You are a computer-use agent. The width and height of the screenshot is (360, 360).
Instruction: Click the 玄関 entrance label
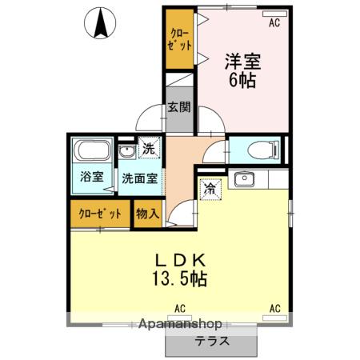178,107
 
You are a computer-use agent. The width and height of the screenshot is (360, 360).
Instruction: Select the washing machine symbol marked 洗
149,147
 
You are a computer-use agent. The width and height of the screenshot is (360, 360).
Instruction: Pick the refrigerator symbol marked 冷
209,190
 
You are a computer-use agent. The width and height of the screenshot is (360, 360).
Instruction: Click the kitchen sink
242,179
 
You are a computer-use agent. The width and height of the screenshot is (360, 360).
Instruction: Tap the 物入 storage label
147,214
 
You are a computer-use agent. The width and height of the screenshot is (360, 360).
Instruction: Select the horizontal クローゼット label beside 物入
101,214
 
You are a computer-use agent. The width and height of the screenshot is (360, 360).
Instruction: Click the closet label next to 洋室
180,38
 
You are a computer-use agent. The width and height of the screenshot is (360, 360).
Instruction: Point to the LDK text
182,260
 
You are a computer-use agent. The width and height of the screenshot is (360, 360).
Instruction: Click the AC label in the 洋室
274,23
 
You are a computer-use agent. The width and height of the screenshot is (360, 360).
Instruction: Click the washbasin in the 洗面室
126,151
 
